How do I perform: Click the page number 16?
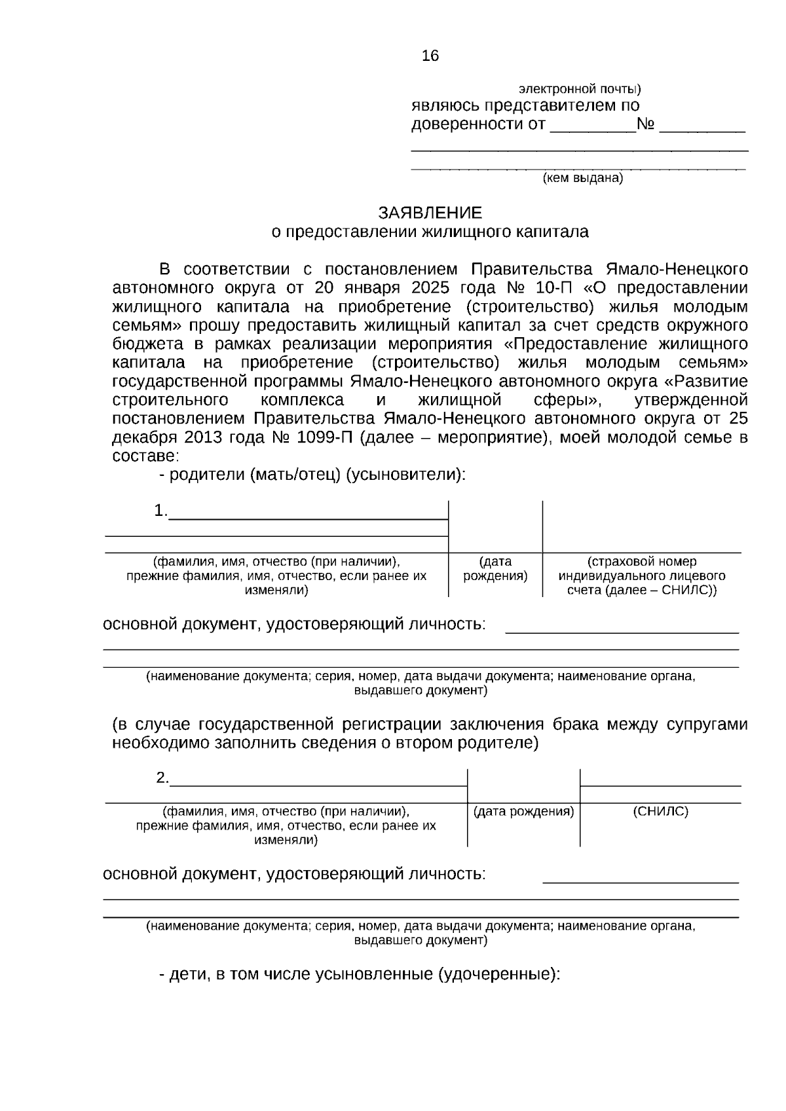(x=430, y=56)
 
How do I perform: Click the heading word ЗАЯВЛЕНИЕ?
(x=430, y=213)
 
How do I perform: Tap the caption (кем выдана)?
(x=583, y=178)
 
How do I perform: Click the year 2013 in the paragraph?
(x=200, y=437)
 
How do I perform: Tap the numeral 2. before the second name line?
(x=162, y=778)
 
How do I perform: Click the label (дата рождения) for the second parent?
(x=523, y=812)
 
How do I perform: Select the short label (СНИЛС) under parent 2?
(x=660, y=812)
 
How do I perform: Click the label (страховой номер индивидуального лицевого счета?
(x=641, y=576)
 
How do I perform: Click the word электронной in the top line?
(x=550, y=88)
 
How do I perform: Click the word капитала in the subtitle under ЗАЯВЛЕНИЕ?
(x=556, y=232)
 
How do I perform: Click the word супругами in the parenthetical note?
(x=707, y=725)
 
